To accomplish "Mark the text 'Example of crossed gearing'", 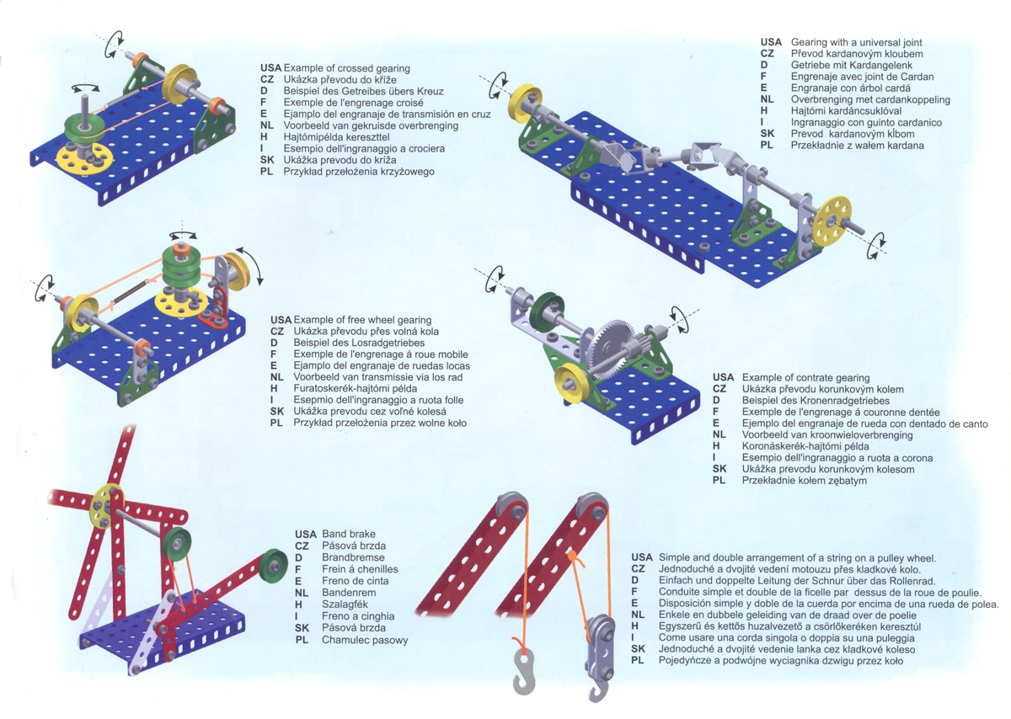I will pyautogui.click(x=347, y=67).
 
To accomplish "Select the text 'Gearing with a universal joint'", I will pyautogui.click(x=856, y=42).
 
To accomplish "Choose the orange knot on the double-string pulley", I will pyautogui.click(x=571, y=556).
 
